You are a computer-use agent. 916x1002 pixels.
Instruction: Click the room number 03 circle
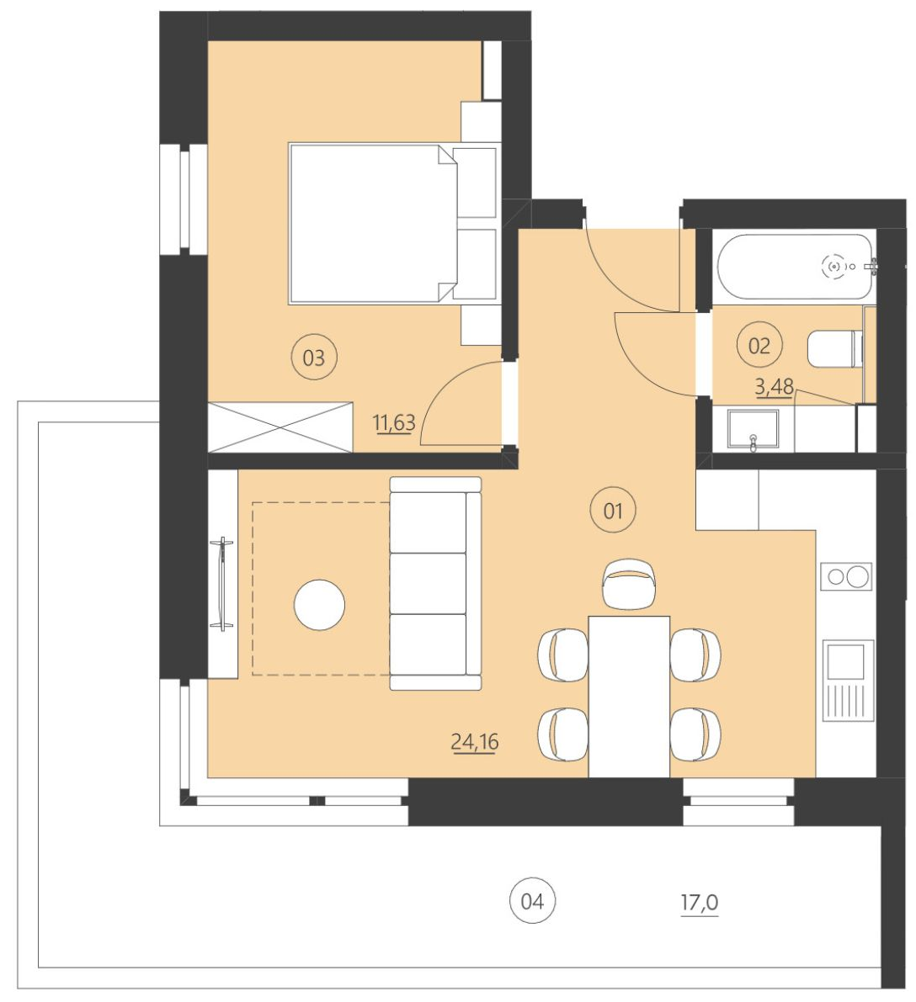(x=313, y=358)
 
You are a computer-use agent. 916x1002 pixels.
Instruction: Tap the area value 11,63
(x=394, y=422)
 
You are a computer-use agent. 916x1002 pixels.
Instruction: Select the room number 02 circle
(x=759, y=346)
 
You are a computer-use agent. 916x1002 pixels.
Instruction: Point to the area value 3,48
(x=775, y=388)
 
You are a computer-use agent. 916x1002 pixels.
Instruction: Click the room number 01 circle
(x=612, y=510)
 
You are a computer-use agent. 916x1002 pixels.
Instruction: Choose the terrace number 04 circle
(x=532, y=902)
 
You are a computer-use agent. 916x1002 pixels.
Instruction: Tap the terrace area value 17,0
(x=699, y=904)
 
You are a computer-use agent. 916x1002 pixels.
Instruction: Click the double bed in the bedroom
(x=370, y=223)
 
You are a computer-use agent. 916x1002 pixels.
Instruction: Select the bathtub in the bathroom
(x=793, y=266)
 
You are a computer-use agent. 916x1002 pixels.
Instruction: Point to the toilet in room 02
(x=834, y=348)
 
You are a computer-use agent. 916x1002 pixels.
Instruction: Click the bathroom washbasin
(x=753, y=430)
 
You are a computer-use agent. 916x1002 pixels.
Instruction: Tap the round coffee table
(x=319, y=604)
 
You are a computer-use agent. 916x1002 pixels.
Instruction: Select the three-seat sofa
(x=434, y=584)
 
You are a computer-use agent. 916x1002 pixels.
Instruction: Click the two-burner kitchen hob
(x=846, y=576)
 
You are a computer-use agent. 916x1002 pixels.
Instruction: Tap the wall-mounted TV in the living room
(x=223, y=583)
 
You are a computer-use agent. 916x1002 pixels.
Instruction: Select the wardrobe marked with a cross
(x=280, y=427)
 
